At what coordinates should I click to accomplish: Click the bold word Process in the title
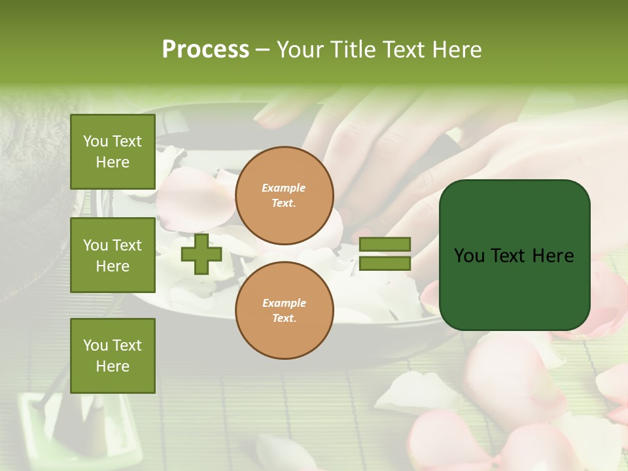tap(205, 50)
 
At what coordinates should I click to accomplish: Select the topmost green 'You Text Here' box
tap(113, 152)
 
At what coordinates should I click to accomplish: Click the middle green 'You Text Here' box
tap(113, 255)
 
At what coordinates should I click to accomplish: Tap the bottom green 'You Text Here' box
tap(113, 356)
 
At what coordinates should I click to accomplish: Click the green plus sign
tap(201, 254)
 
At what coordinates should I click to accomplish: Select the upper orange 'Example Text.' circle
tap(285, 196)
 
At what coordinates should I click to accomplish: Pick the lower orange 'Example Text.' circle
tap(285, 311)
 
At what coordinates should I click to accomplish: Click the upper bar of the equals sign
tap(385, 245)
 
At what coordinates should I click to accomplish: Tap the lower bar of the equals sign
tap(385, 264)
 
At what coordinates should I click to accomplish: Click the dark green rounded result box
tap(515, 255)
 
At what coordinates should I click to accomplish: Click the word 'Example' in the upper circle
tap(284, 188)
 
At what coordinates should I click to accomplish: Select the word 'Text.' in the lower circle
tap(284, 319)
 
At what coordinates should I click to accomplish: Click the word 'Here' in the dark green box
tap(553, 256)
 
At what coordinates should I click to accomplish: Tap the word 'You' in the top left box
tap(96, 141)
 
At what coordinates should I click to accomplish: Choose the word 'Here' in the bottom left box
tap(113, 366)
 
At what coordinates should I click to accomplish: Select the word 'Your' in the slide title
tap(302, 50)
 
